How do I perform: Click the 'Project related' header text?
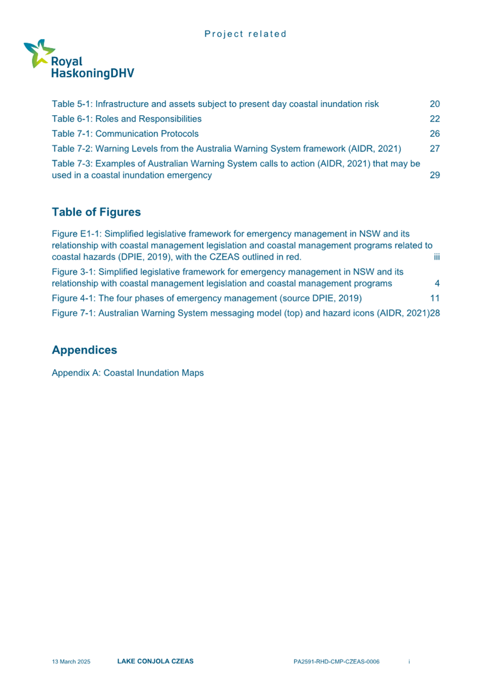point(245,34)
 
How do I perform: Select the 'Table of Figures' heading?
point(96,212)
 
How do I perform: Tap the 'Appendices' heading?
point(84,349)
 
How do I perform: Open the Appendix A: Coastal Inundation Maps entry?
point(128,373)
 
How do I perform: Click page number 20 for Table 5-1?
point(435,104)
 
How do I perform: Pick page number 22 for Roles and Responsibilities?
point(435,118)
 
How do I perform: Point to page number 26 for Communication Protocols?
point(435,133)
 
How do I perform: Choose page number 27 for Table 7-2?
point(435,148)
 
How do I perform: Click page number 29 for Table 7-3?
point(435,176)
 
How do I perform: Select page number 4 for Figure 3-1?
point(437,283)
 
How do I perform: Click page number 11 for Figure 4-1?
point(435,298)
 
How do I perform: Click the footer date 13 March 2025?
point(71,662)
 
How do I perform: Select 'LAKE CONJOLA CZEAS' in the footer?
point(155,661)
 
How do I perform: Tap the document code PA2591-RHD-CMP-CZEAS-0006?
point(336,662)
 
